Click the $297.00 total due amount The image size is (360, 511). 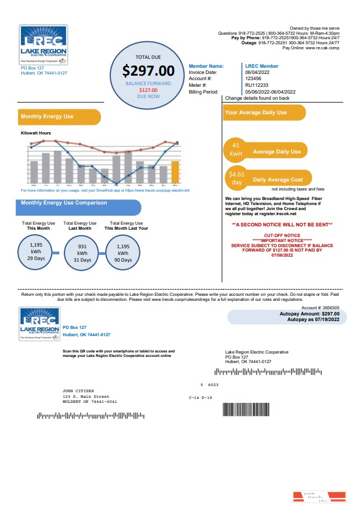pos(148,71)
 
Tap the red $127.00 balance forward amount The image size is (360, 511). pos(148,90)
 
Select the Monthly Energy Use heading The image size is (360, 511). pos(47,117)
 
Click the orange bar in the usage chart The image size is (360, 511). pos(175,172)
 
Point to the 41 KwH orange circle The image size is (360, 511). pos(236,150)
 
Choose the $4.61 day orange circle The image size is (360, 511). pos(236,179)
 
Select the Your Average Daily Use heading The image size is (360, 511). pos(256,113)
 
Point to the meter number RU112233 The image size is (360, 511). pos(256,85)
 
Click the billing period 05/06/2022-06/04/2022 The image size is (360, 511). pos(270,92)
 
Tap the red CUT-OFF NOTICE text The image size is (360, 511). pos(282,235)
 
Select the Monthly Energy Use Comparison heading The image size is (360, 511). pos(64,203)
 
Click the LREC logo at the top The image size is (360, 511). pos(43,44)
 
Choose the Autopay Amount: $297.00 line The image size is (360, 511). pos(309,314)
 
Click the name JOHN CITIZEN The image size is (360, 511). pos(78,391)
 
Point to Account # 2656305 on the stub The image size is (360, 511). pos(320,308)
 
